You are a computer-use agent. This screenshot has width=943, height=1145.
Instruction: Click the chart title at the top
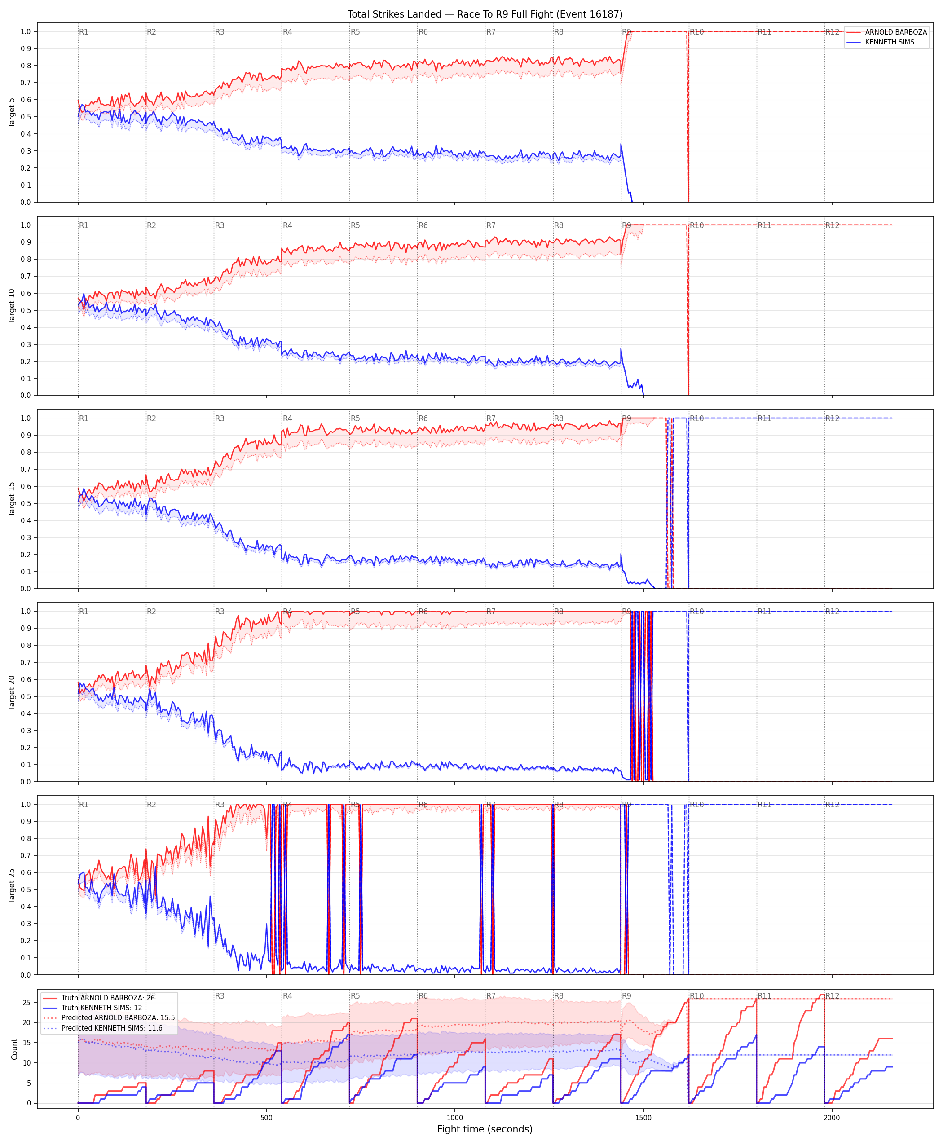click(485, 14)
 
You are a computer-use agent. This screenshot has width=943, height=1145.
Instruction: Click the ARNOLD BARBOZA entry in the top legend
click(896, 32)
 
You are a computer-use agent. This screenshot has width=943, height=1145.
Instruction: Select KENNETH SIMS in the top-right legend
click(889, 42)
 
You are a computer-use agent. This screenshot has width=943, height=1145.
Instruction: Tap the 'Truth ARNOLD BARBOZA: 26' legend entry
click(108, 998)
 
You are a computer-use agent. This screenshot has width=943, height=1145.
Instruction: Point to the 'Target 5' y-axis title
click(12, 112)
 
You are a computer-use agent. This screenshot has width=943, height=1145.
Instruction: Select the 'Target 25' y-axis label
click(12, 885)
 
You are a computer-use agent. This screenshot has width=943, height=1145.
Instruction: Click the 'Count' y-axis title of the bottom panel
click(14, 1049)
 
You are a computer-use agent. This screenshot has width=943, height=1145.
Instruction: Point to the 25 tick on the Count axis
click(26, 1003)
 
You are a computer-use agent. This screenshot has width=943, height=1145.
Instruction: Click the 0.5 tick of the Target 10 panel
click(26, 310)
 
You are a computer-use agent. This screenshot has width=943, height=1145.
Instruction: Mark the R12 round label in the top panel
click(832, 32)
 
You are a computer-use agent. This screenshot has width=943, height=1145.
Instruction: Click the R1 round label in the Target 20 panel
click(84, 612)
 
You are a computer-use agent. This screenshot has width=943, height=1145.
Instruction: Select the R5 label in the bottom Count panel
click(355, 995)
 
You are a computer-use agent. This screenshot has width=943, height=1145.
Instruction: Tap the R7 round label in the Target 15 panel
click(491, 418)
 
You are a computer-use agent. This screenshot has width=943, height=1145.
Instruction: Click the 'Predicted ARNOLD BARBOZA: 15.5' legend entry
click(118, 1017)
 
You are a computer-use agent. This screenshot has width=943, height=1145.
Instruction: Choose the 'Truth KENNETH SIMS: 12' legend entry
click(101, 1008)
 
